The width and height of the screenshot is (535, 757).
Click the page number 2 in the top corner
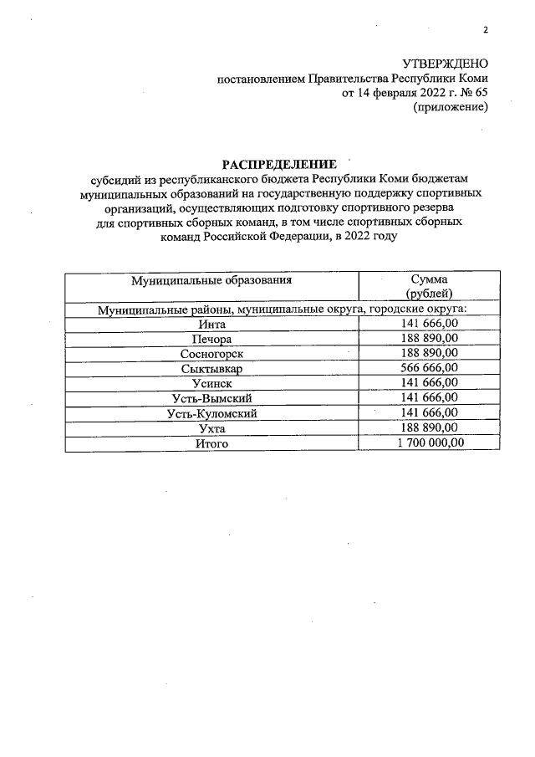click(484, 31)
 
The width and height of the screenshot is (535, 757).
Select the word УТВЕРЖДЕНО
click(446, 64)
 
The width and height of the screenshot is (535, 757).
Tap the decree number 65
click(480, 93)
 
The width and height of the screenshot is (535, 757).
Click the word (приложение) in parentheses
click(451, 107)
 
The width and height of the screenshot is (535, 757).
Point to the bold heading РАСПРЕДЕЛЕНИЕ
click(278, 164)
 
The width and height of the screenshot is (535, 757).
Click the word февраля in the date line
click(391, 93)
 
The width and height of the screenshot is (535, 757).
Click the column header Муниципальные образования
click(211, 280)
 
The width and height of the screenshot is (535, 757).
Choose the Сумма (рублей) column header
click(429, 287)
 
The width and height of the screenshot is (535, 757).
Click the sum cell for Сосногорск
click(429, 353)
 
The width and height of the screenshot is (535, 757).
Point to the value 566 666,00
click(429, 368)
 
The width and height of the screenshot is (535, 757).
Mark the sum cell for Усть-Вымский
click(429, 397)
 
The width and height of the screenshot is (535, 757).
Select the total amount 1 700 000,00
click(429, 443)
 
